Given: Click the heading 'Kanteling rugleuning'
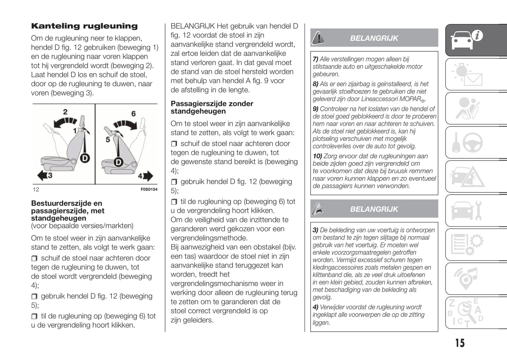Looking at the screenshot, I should [x=84, y=26].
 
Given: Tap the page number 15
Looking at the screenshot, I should [x=460, y=343].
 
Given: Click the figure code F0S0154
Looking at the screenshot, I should [x=149, y=189].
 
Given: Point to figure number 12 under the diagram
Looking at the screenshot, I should [x=36, y=189].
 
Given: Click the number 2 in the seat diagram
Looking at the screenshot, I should [x=65, y=112].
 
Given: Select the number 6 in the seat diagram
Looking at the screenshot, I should [x=133, y=114].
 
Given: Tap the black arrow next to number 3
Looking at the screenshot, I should [x=42, y=175].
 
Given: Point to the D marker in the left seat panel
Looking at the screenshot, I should [x=85, y=158].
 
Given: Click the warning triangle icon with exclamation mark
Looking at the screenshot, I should [x=318, y=38].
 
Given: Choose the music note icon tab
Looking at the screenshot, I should [x=467, y=279].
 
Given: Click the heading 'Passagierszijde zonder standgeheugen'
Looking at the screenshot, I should [x=212, y=107].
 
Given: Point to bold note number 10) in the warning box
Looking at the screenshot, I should [x=318, y=156].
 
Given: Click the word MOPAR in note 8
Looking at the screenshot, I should [x=409, y=99].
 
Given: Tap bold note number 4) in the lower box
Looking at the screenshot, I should [x=315, y=307].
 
